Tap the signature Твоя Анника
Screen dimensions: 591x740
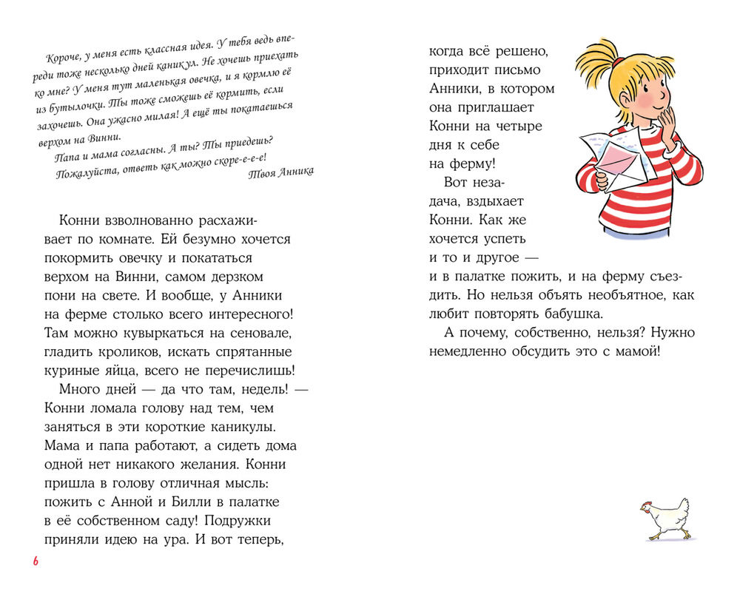point(279,172)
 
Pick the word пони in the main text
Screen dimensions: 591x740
point(60,297)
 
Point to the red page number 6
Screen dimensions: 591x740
point(35,562)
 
